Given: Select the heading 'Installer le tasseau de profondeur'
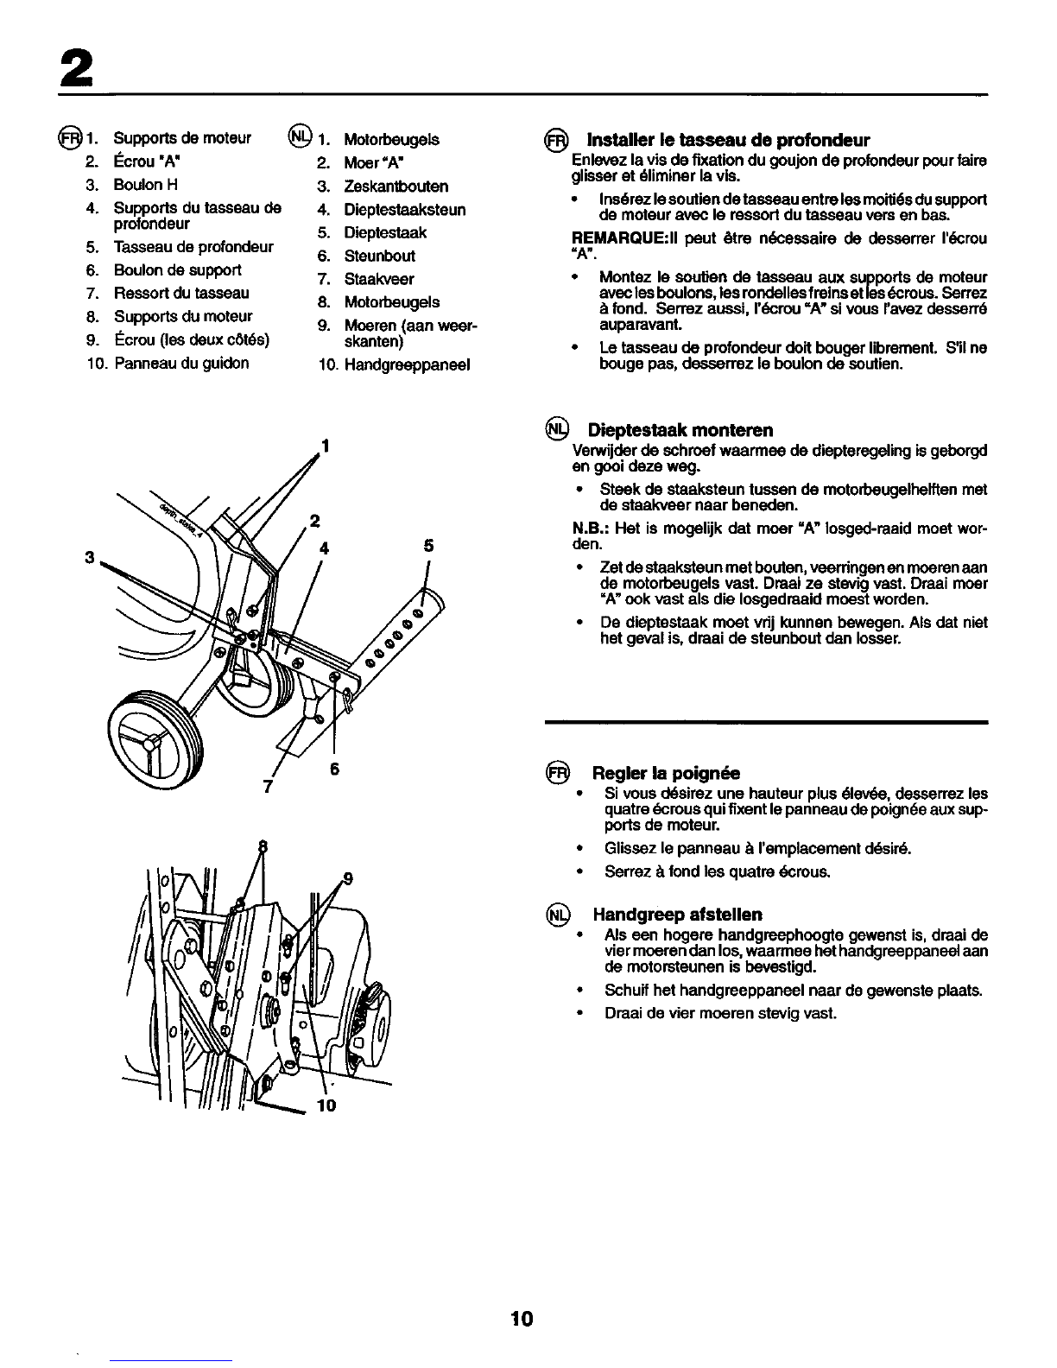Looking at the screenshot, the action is pos(728,140).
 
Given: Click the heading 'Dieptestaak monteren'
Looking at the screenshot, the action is pos(680,430).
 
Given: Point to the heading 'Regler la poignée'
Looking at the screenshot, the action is pos(666,773).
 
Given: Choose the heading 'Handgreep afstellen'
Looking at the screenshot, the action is pos(677,914).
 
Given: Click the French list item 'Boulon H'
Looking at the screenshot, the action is pos(145,185).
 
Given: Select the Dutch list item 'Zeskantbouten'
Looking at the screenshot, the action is pos(396,187).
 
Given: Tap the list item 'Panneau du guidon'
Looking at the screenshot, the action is pos(181,364).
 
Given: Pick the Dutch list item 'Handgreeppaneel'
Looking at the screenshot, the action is pos(407,365).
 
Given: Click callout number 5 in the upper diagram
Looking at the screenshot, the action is pos(428,546).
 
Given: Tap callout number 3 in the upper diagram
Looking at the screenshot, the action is pos(90,557).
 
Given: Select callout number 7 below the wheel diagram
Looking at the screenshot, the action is pos(268,786).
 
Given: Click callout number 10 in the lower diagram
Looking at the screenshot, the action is pos(326,1105).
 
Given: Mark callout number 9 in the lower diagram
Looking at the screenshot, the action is pos(348,878).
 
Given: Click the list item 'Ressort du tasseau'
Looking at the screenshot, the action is pos(181,294).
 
